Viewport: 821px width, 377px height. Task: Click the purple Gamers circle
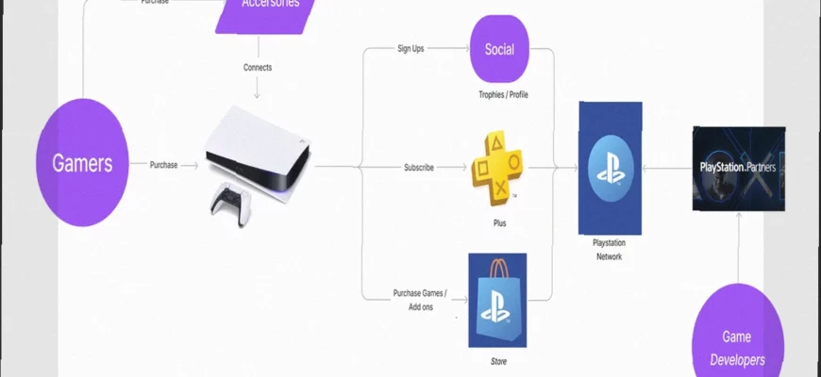pos(82,162)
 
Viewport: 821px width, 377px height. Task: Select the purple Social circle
pos(499,49)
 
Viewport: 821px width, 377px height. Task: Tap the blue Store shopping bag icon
pos(497,300)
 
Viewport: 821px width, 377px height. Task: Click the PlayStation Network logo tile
pos(610,168)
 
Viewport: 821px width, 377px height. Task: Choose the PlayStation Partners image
pos(739,168)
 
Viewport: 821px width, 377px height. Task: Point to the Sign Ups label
pos(410,48)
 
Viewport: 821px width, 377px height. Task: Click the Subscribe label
pos(419,168)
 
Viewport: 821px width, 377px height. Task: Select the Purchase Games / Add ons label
pos(420,300)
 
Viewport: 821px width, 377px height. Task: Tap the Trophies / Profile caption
pos(504,95)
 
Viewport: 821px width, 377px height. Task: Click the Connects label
pos(258,68)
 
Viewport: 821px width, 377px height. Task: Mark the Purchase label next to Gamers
pos(163,165)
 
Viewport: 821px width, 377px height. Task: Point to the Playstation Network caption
pos(609,250)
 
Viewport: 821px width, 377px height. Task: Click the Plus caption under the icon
pos(499,224)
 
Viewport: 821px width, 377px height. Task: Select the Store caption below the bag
pos(497,359)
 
